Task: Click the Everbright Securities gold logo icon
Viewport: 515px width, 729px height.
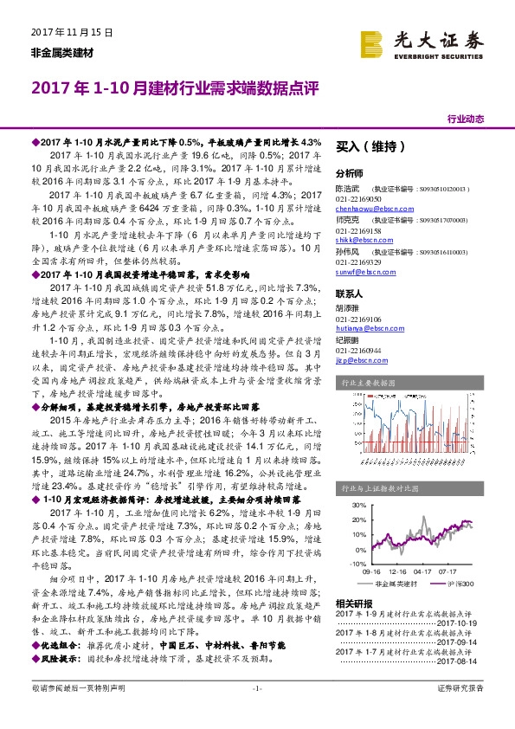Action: (x=373, y=44)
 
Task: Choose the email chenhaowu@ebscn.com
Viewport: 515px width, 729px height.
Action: (x=371, y=210)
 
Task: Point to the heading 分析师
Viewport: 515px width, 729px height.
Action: (x=349, y=173)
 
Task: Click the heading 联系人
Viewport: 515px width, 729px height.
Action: (x=349, y=293)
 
